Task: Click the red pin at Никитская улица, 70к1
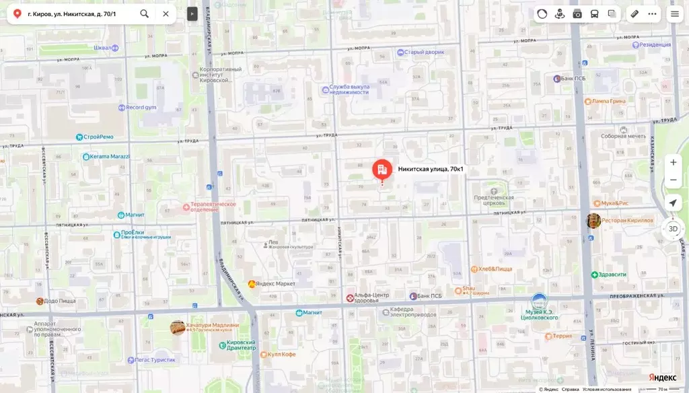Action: [x=382, y=169]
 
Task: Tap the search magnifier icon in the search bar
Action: [x=145, y=13]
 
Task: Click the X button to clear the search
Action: [x=166, y=13]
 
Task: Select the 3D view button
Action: [x=673, y=229]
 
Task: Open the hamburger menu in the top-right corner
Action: [x=674, y=13]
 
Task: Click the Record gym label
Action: [x=141, y=108]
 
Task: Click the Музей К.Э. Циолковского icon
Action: [x=539, y=301]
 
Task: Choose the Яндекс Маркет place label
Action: [x=277, y=284]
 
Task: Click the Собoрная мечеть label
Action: [x=623, y=136]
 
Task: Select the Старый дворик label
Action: [x=425, y=52]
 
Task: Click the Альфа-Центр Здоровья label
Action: [x=371, y=297]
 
